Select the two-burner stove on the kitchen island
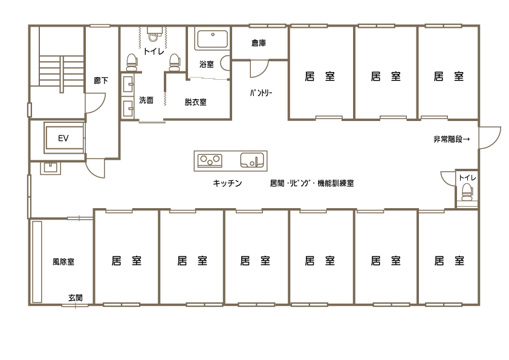coord(210,160)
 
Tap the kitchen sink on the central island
coord(252,160)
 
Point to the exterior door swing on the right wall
coord(490,137)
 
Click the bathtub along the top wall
coord(212,40)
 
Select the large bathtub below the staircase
coord(64,137)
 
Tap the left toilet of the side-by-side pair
coord(131,61)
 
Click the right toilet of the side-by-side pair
coord(174,61)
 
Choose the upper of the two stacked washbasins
coord(128,83)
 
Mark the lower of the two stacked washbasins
coord(128,108)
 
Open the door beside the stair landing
coord(96,103)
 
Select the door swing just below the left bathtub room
coord(96,168)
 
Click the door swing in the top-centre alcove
coord(258,68)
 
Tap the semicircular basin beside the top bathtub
coord(227,62)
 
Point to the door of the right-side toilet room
coord(448,178)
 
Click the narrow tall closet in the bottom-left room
coord(37,261)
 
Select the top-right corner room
coord(448,71)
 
